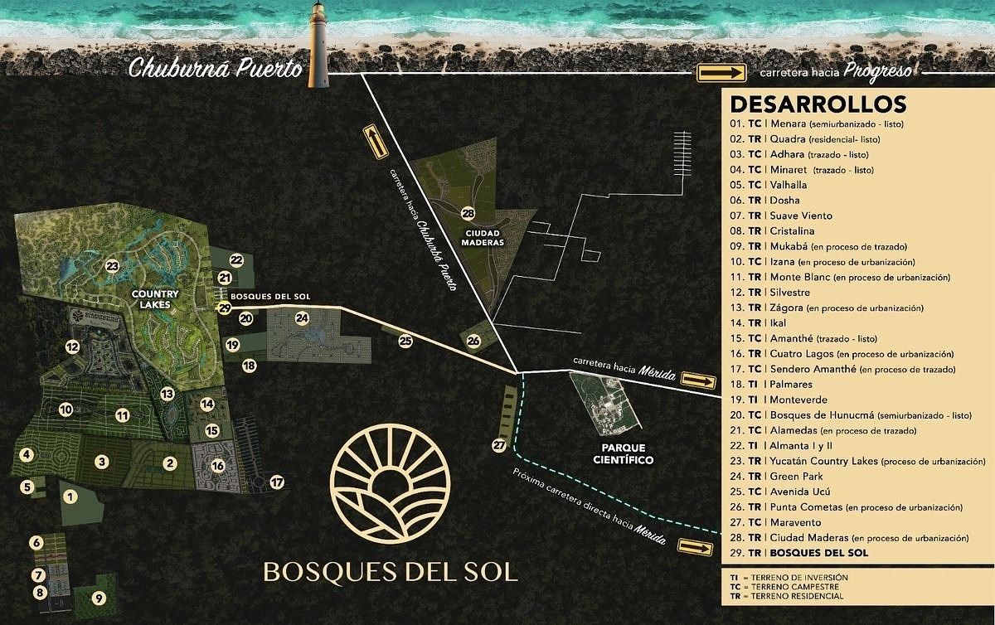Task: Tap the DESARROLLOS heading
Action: tap(817, 105)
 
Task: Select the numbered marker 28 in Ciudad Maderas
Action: tap(468, 213)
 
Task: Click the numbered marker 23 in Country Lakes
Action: tap(112, 266)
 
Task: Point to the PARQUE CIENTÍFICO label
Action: tap(617, 453)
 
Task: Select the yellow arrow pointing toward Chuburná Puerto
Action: tap(375, 143)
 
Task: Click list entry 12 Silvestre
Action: tap(779, 293)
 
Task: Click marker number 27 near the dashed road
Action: tap(498, 445)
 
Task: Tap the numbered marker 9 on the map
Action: tap(98, 598)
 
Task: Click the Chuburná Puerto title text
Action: tap(215, 69)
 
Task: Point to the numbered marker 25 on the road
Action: tap(405, 340)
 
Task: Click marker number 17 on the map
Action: tap(277, 482)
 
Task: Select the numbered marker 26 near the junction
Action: tap(473, 340)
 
